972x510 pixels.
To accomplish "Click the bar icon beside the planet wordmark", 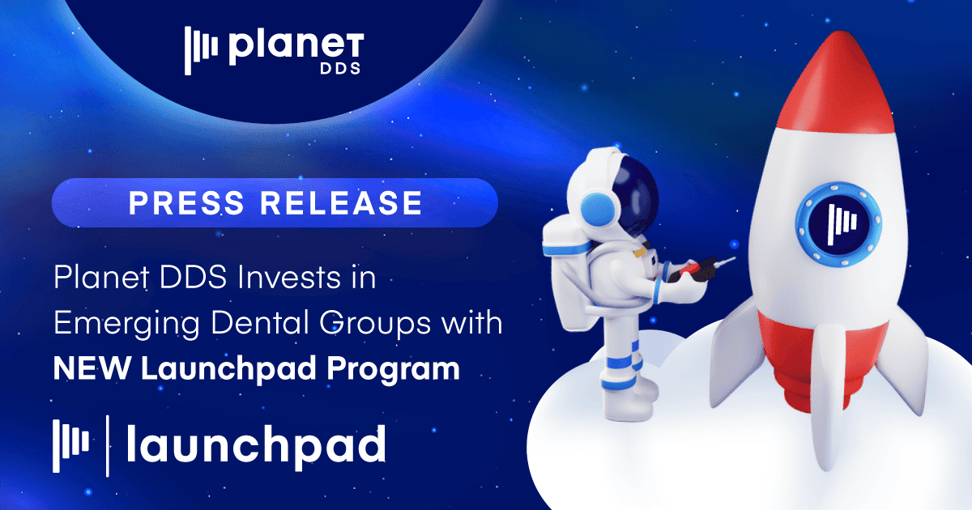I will click(x=202, y=50).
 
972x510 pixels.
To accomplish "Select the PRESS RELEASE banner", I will click(x=275, y=202).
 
